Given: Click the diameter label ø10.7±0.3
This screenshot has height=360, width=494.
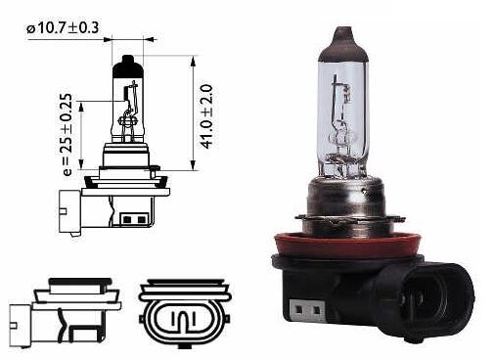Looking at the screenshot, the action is click(63, 27).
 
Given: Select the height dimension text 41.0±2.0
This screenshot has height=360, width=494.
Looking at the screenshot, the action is click(206, 116).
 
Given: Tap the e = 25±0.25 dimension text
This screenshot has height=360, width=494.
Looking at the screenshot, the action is click(67, 135).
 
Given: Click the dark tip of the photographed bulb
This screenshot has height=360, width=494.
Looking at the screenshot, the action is click(342, 44).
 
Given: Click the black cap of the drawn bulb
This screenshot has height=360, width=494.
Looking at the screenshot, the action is click(127, 67).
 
